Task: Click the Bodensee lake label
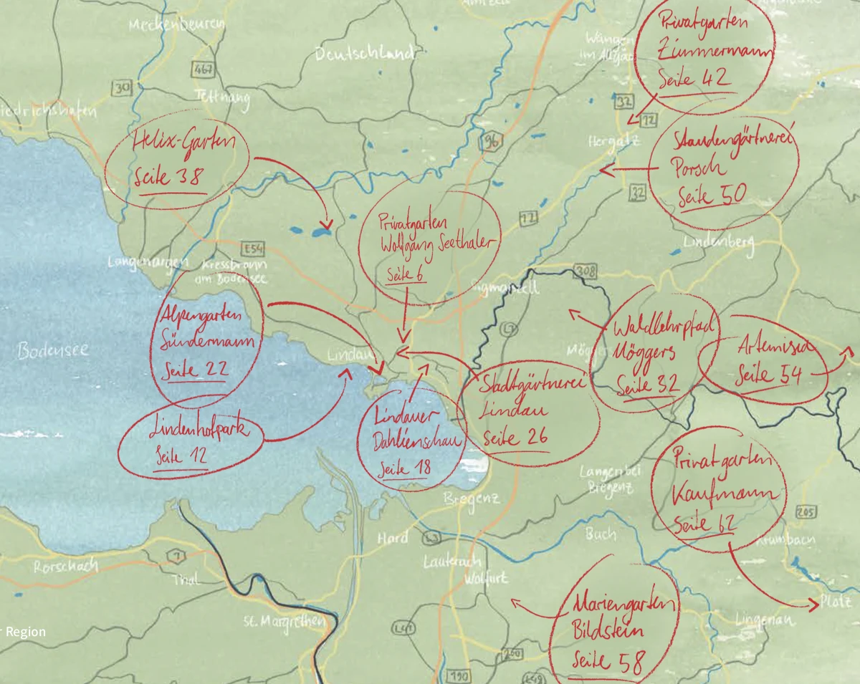click(x=54, y=350)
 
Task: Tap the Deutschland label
click(x=365, y=54)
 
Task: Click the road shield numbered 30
click(x=122, y=88)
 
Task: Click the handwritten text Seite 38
click(x=168, y=177)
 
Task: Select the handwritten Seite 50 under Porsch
click(x=711, y=195)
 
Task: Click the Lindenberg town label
click(x=718, y=242)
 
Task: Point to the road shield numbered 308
click(x=586, y=271)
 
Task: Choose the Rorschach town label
click(x=65, y=566)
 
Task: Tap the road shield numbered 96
click(x=490, y=142)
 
